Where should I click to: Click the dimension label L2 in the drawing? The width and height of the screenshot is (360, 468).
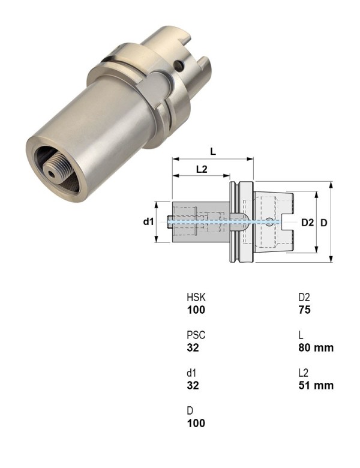[202, 169]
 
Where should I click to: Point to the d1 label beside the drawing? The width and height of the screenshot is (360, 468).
[148, 222]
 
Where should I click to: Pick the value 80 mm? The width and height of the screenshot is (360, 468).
[315, 347]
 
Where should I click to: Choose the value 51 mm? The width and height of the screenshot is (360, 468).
[315, 385]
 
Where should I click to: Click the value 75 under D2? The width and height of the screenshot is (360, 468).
[305, 310]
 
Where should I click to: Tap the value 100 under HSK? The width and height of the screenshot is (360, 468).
[196, 310]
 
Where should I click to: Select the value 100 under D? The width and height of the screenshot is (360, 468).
[196, 423]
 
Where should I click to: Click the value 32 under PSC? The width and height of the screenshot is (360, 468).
[193, 347]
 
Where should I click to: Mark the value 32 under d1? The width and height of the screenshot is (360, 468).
[193, 385]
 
